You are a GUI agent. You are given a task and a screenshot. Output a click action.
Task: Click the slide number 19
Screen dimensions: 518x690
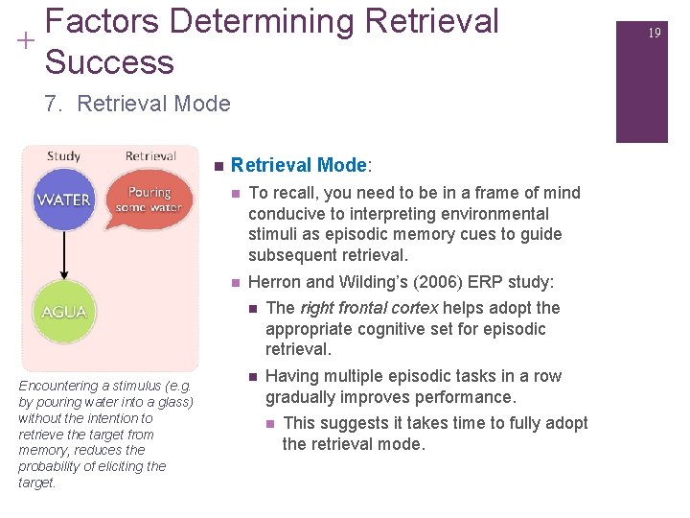pos(655,33)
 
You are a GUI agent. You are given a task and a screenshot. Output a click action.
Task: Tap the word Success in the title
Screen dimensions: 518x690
pos(109,61)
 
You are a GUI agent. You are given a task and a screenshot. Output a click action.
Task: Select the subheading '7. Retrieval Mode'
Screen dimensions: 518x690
pos(137,104)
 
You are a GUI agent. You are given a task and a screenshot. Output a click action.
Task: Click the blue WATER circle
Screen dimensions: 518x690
pos(64,200)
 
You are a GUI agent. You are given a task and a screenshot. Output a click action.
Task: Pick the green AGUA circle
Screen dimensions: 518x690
pos(64,312)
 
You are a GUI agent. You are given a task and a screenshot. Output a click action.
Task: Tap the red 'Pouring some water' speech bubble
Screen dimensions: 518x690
pos(149,200)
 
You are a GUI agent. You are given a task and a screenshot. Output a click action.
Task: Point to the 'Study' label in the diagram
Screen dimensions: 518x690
pos(63,156)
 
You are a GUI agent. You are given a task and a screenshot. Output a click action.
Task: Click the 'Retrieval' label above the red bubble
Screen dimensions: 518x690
pos(150,156)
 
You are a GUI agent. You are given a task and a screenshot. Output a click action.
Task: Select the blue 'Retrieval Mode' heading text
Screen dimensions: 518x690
pos(298,165)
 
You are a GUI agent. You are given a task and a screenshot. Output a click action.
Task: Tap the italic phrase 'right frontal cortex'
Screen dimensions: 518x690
pos(369,308)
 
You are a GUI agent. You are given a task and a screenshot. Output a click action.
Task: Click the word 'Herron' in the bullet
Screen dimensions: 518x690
pos(274,283)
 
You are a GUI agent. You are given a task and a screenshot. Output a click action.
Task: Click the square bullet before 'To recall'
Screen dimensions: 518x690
pos(236,194)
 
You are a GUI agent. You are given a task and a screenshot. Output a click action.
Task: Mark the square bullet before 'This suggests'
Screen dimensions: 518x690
pos(271,424)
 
